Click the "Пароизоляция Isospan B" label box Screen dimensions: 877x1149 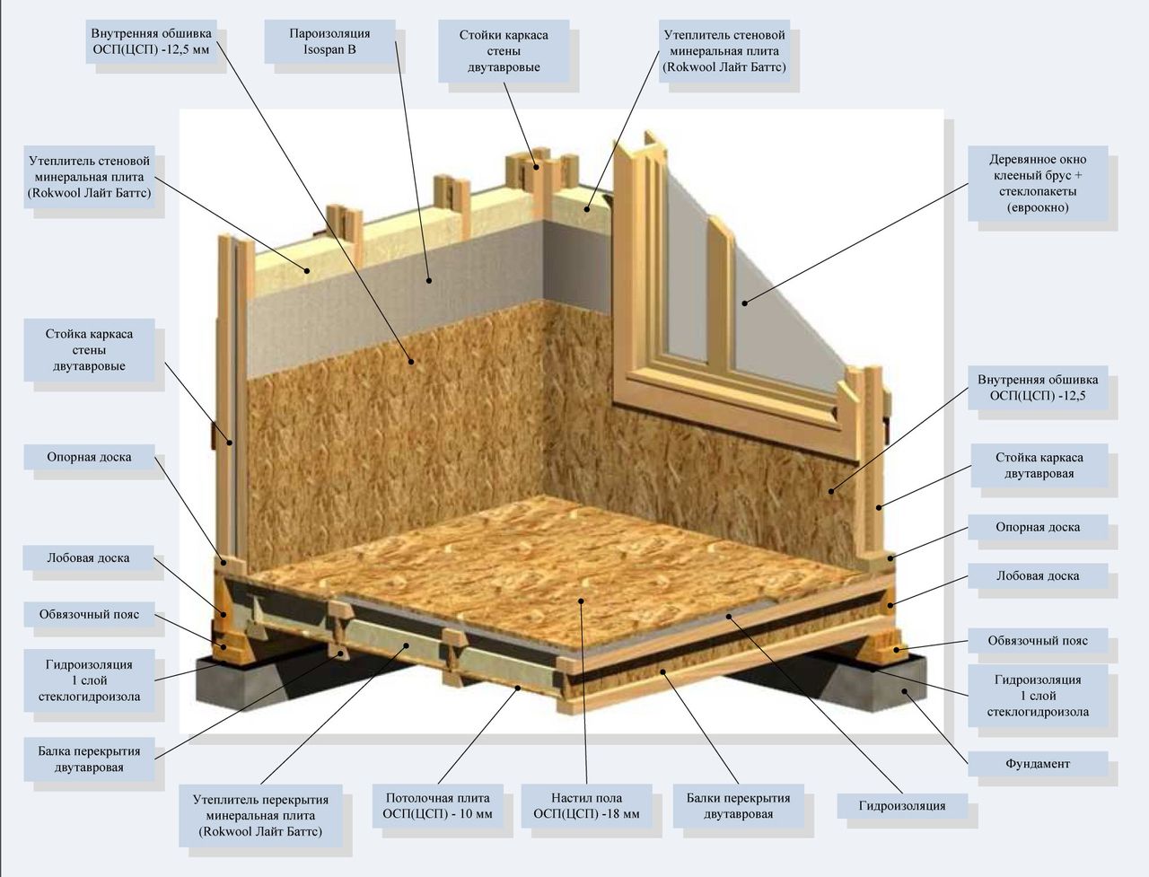click(329, 41)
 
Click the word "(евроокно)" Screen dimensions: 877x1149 click(1037, 208)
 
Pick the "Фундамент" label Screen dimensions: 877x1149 click(1037, 764)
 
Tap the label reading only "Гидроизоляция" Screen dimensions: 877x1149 click(901, 805)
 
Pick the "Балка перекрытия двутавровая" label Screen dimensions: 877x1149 click(89, 759)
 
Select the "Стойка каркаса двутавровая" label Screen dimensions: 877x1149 click(1039, 465)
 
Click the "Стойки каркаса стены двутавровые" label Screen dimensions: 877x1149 click(504, 51)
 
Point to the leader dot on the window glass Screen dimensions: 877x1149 click(744, 303)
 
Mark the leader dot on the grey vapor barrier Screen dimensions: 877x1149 click(430, 281)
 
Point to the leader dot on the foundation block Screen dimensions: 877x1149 click(905, 691)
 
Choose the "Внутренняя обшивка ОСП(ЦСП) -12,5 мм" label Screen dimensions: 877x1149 click(150, 41)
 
